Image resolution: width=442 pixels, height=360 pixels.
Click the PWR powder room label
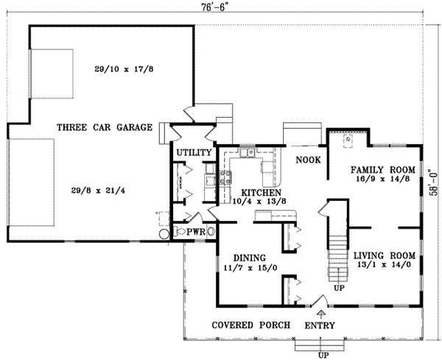click(x=195, y=232)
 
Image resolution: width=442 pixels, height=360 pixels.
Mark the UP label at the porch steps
click(x=322, y=355)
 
